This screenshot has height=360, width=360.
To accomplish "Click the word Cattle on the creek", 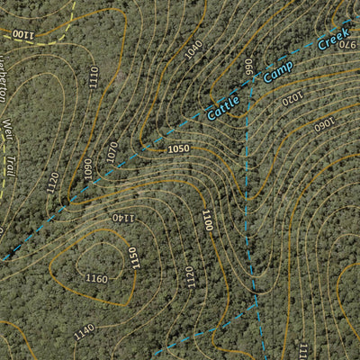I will (222, 103).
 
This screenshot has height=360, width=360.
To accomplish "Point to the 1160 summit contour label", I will (96, 279).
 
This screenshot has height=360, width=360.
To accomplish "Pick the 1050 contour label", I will (178, 149).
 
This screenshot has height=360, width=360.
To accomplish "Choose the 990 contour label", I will (249, 67).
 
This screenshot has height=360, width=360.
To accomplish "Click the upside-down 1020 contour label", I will (292, 96).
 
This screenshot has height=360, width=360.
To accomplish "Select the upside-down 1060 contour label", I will (323, 124).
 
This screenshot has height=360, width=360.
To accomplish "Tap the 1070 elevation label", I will (112, 151).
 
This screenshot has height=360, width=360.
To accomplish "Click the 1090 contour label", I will (88, 167).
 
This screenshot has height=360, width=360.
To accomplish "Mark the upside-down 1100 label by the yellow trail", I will (22, 33).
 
